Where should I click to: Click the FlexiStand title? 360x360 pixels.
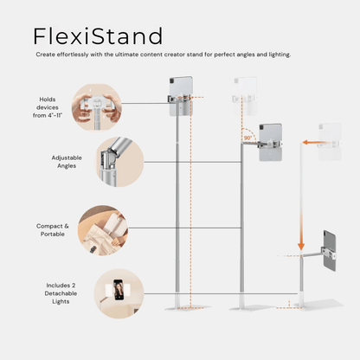pyautogui.click(x=98, y=36)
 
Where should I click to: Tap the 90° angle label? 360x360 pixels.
pyautogui.click(x=248, y=138)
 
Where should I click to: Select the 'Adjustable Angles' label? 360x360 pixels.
pyautogui.click(x=67, y=162)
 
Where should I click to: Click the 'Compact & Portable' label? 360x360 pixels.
pyautogui.click(x=53, y=230)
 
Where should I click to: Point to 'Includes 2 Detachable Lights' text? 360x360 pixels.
pyautogui.click(x=61, y=293)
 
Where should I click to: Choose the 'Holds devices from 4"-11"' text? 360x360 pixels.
pyautogui.click(x=48, y=107)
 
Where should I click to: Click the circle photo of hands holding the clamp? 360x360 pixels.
pyautogui.click(x=97, y=106)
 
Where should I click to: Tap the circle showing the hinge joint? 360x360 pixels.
pyautogui.click(x=119, y=162)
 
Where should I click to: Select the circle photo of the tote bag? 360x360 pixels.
pyautogui.click(x=103, y=230)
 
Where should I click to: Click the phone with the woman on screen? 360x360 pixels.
pyautogui.click(x=119, y=290)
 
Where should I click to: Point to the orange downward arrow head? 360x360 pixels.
pyautogui.click(x=301, y=246)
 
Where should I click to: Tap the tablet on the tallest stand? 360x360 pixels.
pyautogui.click(x=181, y=96)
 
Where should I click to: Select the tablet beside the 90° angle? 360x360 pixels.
pyautogui.click(x=270, y=142)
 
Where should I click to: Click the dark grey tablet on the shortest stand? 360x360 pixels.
pyautogui.click(x=330, y=250)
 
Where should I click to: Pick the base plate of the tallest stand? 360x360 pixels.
pyautogui.click(x=188, y=308)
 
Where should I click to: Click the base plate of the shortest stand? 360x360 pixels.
pyautogui.click(x=318, y=305)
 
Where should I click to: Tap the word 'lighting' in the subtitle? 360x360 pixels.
pyautogui.click(x=280, y=55)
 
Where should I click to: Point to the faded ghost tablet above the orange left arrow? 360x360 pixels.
pyautogui.click(x=330, y=142)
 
